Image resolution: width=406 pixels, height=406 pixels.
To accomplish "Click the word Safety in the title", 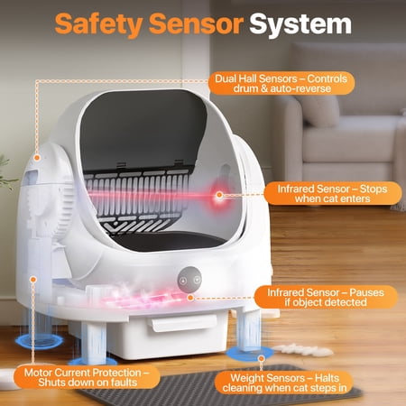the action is (98, 24).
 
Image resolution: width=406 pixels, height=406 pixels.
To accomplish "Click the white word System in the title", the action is (300, 24).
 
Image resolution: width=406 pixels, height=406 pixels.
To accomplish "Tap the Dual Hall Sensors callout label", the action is (281, 83).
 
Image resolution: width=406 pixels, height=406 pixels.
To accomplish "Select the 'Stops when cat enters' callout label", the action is (333, 194).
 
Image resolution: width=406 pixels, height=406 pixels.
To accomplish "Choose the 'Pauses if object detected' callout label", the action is (326, 297).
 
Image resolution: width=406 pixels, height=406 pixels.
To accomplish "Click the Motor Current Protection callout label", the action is (87, 377).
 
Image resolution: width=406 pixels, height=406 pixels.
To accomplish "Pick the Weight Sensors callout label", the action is (284, 383).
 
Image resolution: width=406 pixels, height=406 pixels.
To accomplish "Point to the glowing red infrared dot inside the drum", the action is (219, 195).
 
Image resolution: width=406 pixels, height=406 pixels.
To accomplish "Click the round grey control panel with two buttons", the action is (189, 280).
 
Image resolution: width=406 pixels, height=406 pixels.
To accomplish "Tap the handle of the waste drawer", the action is (184, 322).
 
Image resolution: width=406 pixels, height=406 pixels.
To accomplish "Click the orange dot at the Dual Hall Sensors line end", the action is (37, 157).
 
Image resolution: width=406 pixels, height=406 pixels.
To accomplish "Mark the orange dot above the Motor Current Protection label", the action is (33, 280).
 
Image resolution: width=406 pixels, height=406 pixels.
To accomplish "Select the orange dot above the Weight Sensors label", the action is (262, 358).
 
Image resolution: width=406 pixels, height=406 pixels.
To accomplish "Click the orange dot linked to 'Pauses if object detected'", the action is (190, 298).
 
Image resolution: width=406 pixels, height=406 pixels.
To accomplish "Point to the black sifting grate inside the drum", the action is (137, 198).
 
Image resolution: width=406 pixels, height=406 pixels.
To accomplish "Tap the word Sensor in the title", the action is (196, 24).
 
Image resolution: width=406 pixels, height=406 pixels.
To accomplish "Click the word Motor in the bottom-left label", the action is (38, 373).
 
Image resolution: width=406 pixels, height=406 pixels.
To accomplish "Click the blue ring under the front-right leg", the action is (250, 355).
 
